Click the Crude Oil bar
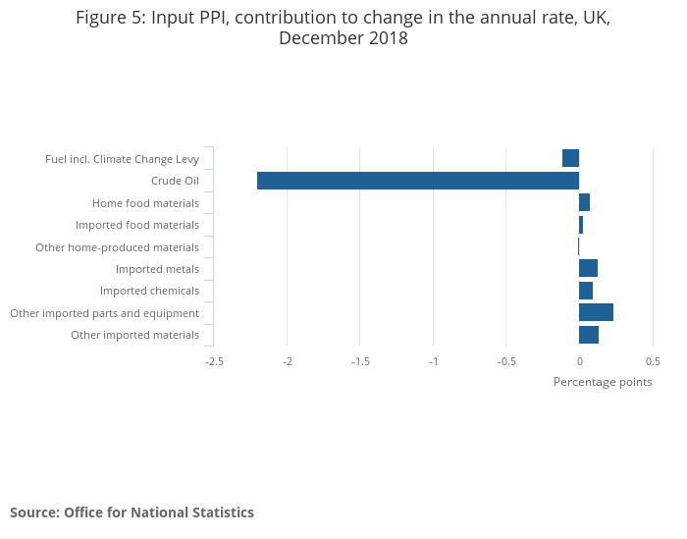pyautogui.click(x=418, y=181)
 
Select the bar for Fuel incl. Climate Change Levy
pyautogui.click(x=570, y=158)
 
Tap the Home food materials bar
pyautogui.click(x=584, y=202)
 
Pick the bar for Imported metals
pyautogui.click(x=588, y=268)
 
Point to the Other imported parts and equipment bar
pyautogui.click(x=596, y=312)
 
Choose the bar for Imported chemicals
pyautogui.click(x=586, y=291)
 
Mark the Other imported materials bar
pyautogui.click(x=589, y=335)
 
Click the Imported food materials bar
pyautogui.click(x=581, y=225)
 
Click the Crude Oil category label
pyautogui.click(x=175, y=181)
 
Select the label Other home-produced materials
pyautogui.click(x=117, y=247)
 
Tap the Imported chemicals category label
pyautogui.click(x=149, y=291)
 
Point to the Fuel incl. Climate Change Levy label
pyautogui.click(x=122, y=159)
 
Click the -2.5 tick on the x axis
pyautogui.click(x=214, y=361)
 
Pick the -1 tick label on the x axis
pyautogui.click(x=433, y=361)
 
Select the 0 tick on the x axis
pyautogui.click(x=579, y=361)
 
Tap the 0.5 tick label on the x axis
pyautogui.click(x=652, y=361)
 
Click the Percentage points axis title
pyautogui.click(x=603, y=382)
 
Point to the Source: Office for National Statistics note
pyautogui.click(x=132, y=512)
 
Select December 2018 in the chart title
pyautogui.click(x=343, y=39)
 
